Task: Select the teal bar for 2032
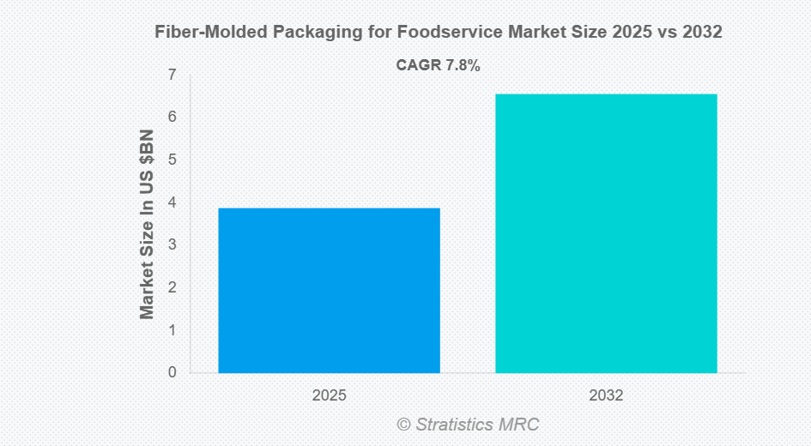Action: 606,233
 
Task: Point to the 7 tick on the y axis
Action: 172,75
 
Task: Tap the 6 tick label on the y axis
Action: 172,117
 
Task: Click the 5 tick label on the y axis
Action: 172,160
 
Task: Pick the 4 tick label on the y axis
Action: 172,202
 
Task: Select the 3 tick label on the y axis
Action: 172,244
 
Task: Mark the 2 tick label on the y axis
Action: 172,287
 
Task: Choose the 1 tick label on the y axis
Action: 172,330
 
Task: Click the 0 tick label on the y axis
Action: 172,372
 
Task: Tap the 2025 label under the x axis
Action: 329,395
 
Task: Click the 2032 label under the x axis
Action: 606,395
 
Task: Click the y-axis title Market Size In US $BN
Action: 148,225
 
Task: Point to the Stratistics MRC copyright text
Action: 468,424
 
